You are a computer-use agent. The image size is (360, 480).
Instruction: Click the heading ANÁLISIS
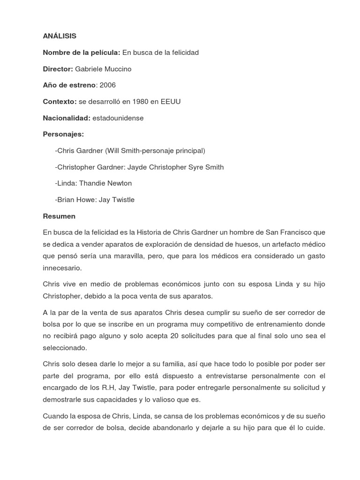[60, 36]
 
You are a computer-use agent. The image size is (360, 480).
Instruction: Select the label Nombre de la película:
[82, 52]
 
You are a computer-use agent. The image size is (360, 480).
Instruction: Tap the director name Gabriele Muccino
[103, 69]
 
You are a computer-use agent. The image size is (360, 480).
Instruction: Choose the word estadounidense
[118, 118]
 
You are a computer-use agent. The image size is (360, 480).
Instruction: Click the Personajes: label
[63, 135]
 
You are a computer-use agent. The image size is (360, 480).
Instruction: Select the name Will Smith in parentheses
[122, 151]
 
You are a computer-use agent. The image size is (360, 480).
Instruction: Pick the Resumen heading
[59, 217]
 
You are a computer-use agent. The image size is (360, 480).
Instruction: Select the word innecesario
[62, 268]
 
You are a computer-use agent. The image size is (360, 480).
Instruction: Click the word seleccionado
[64, 348]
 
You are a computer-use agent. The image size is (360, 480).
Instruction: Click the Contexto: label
[60, 102]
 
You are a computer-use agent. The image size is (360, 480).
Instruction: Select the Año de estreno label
[69, 85]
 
